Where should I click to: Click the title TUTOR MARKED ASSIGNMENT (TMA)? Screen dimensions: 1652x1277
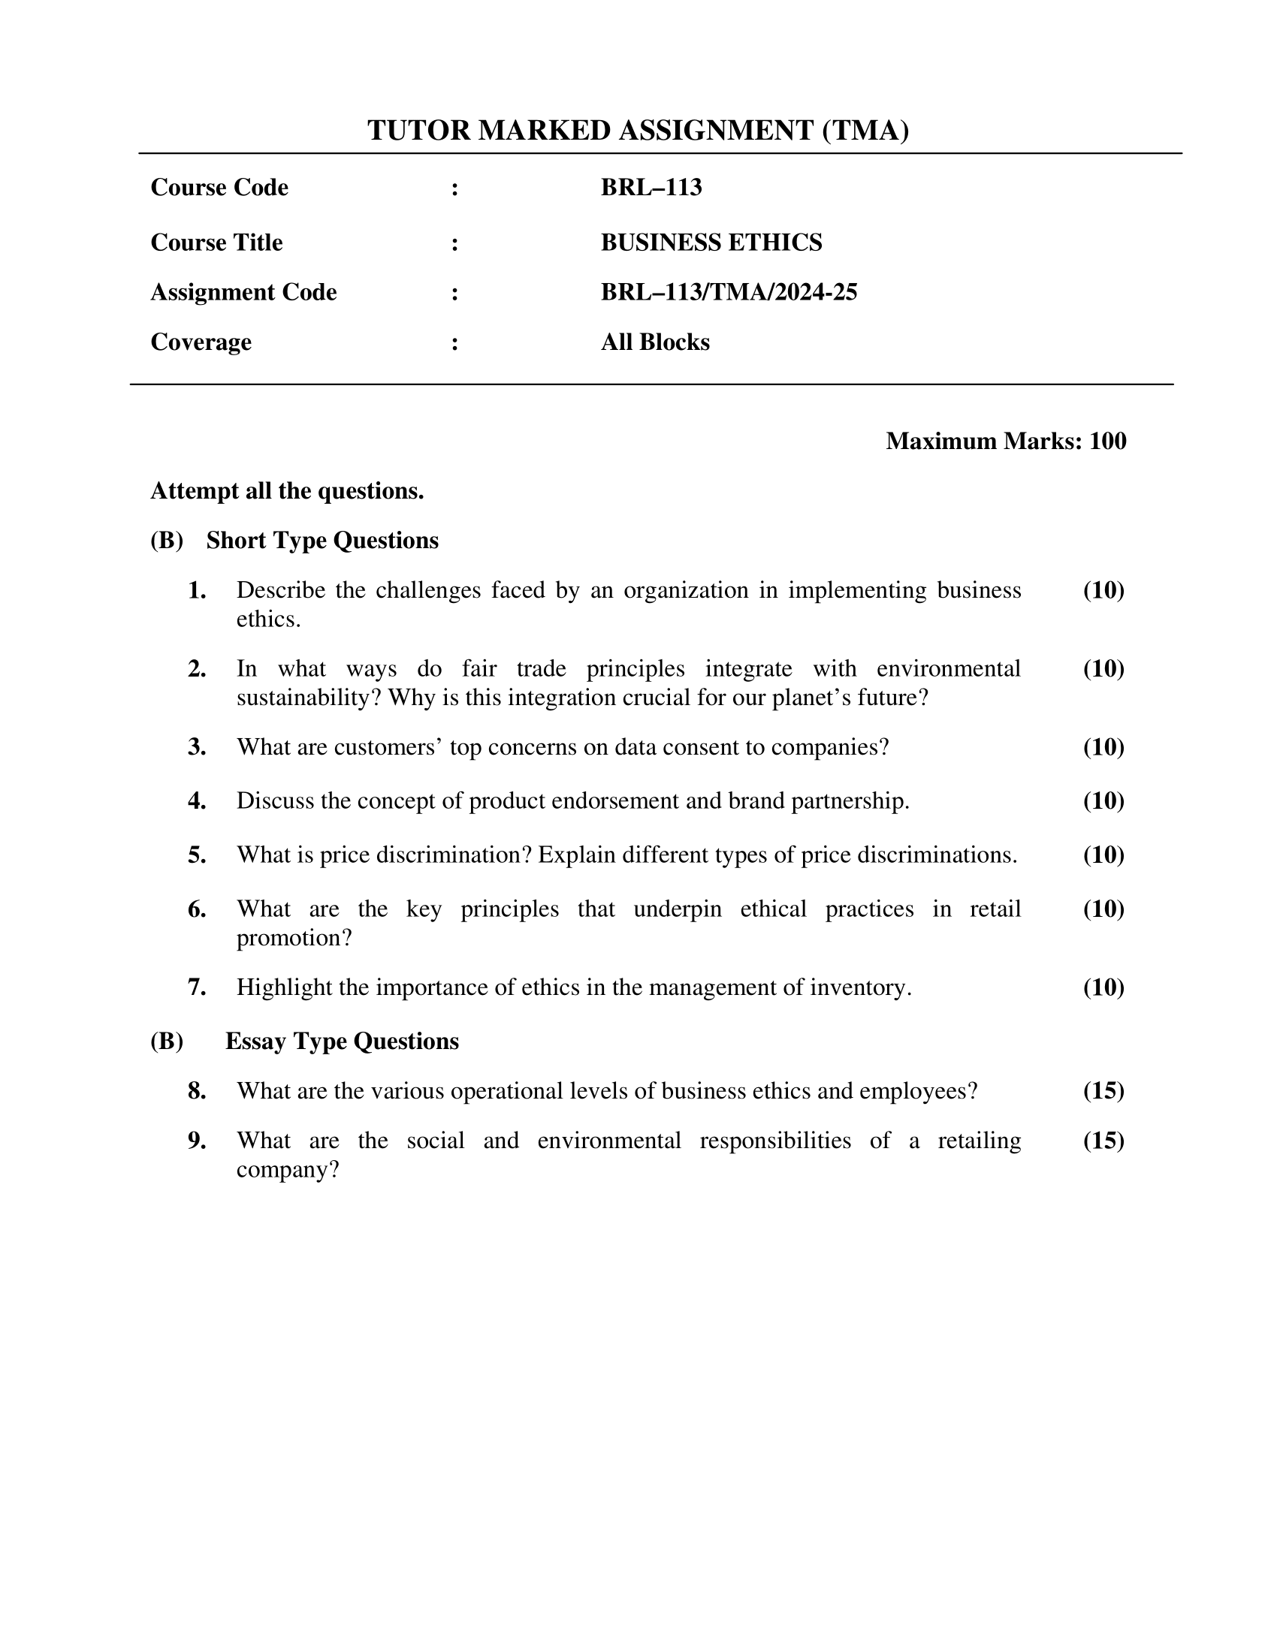pos(638,131)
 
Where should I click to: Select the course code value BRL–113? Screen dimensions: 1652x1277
pos(651,187)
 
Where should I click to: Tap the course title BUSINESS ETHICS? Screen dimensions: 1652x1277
pos(711,242)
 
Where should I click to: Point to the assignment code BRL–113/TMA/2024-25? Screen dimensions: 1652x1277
pos(729,292)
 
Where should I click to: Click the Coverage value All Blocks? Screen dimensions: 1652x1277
pos(655,342)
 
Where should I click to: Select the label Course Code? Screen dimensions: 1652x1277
pos(219,187)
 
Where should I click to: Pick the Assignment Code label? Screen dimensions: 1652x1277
pos(243,292)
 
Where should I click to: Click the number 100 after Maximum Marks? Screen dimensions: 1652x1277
pos(1107,441)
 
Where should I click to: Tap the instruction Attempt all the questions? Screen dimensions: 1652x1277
pos(287,491)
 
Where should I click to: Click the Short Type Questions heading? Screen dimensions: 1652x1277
pos(322,540)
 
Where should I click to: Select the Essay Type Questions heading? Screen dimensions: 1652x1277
pos(342,1041)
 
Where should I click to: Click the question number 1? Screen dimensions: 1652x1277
pos(197,591)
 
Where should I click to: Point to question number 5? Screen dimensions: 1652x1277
pos(197,855)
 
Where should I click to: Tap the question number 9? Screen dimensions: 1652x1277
pos(197,1141)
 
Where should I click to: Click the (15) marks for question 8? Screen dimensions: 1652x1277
pos(1103,1091)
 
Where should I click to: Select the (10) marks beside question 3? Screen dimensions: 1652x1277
pos(1103,747)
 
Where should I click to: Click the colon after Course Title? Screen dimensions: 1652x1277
pos(454,243)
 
